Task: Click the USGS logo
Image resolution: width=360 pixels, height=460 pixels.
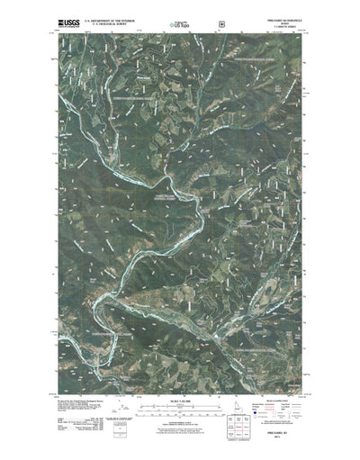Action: tap(68, 17)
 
